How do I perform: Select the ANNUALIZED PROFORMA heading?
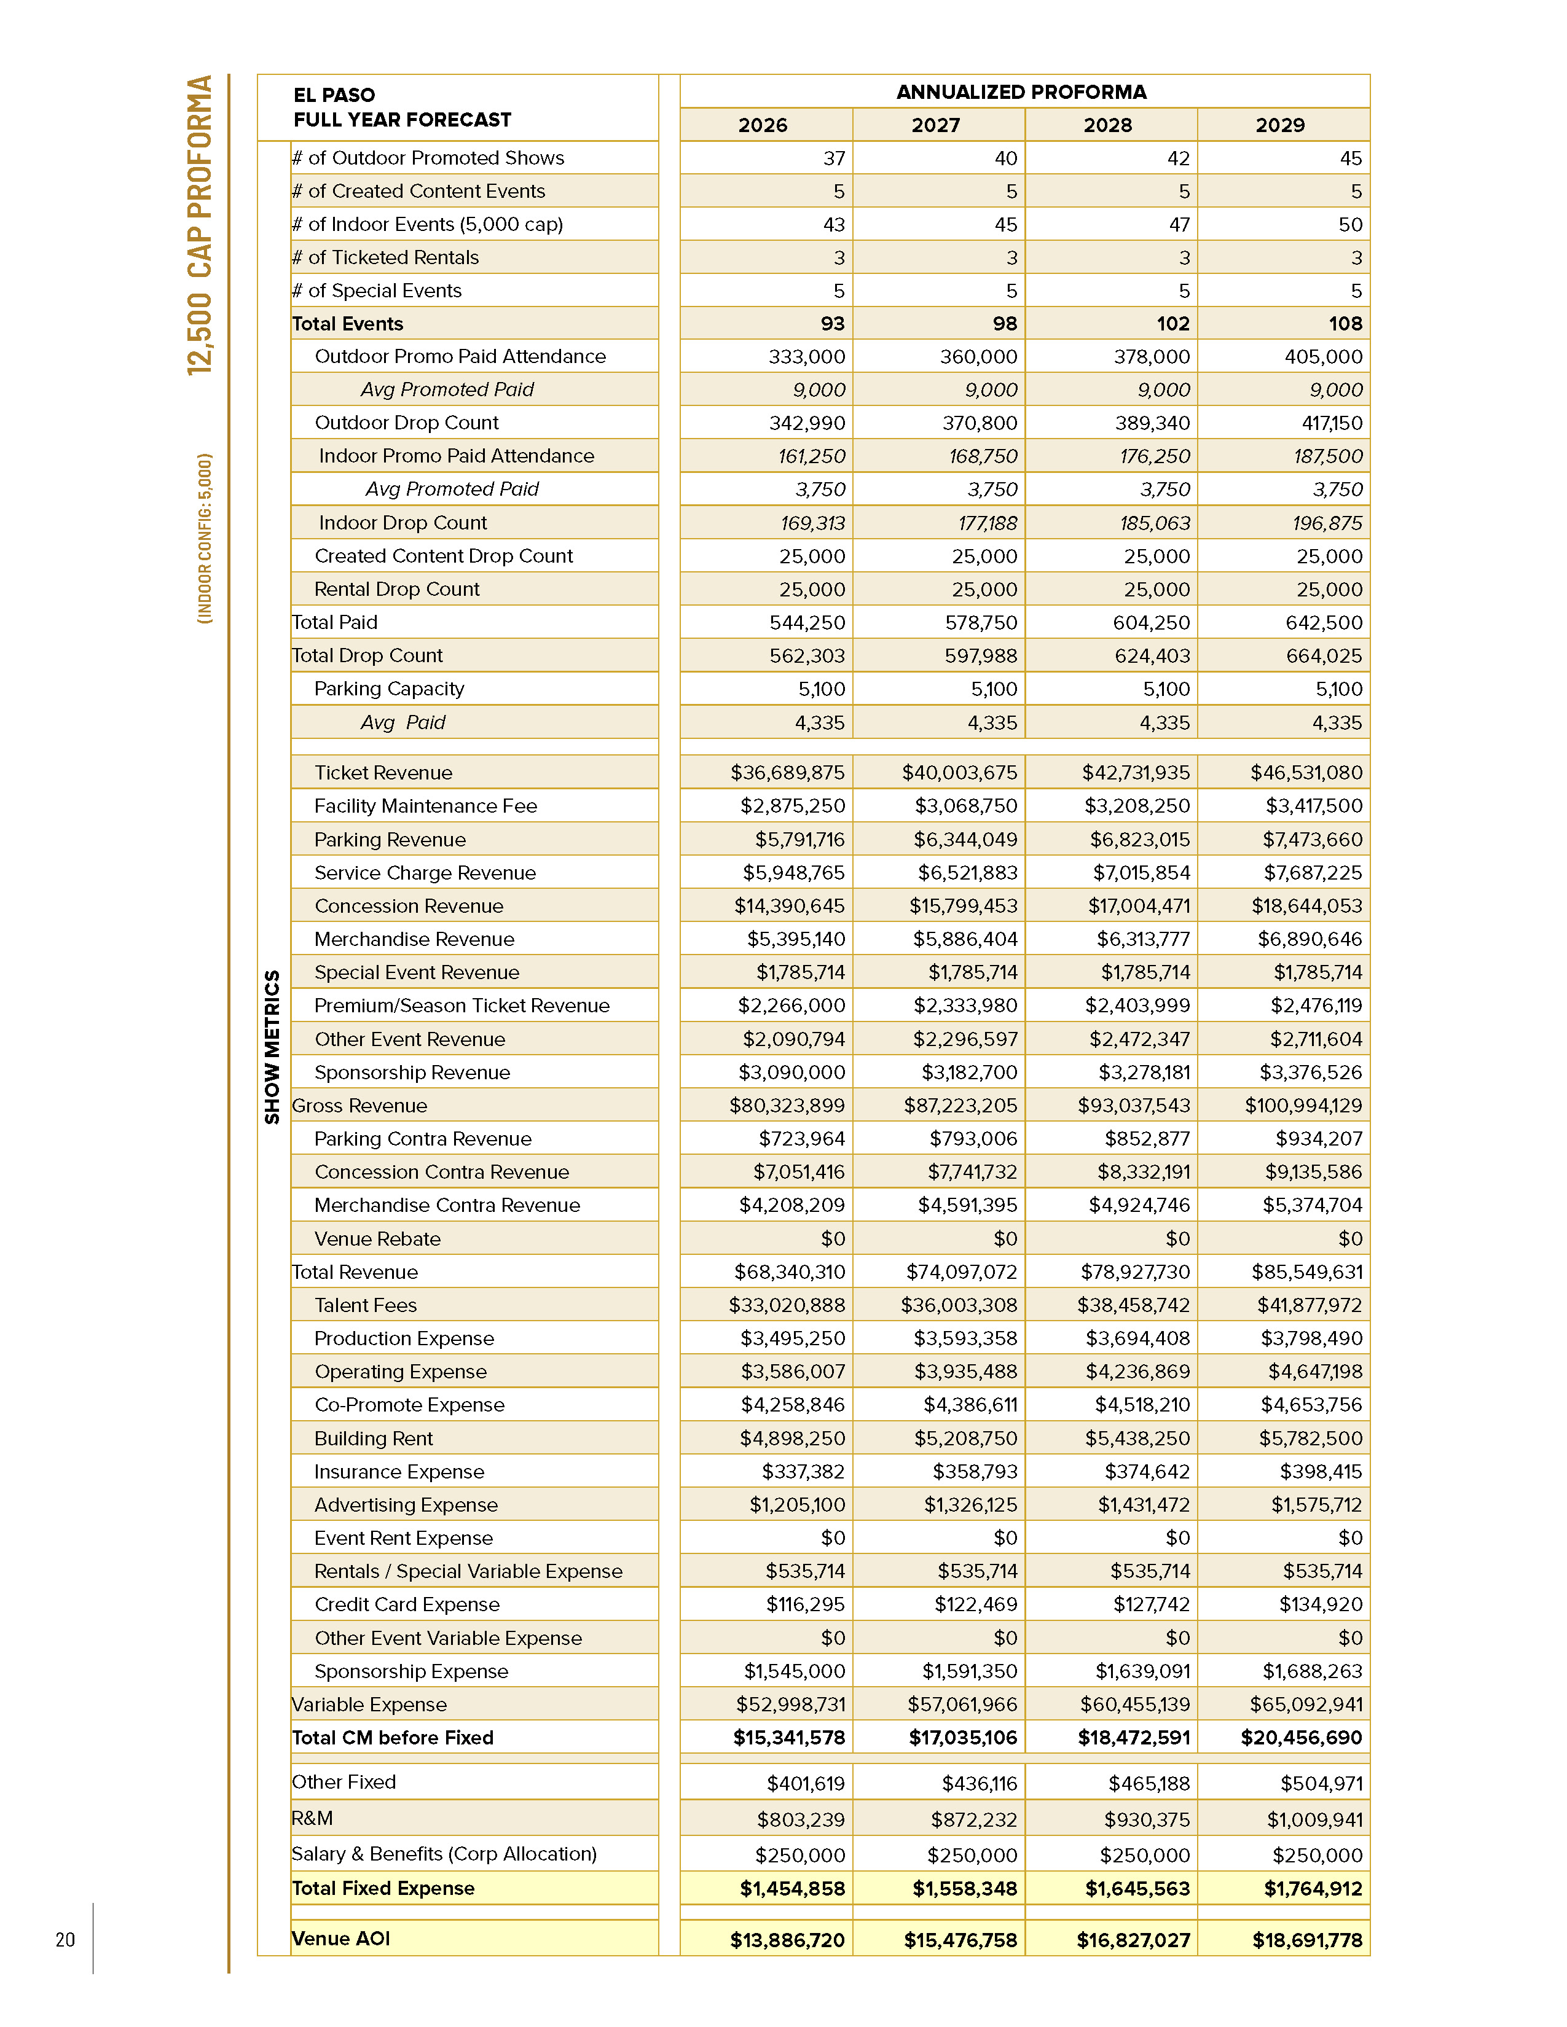[1021, 92]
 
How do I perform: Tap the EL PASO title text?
[334, 95]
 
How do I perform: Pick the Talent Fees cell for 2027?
[959, 1305]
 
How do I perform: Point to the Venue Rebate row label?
[377, 1239]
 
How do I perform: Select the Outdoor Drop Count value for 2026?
[807, 423]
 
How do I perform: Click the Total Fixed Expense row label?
[382, 1888]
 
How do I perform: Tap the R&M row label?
[312, 1818]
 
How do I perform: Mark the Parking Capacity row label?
[389, 689]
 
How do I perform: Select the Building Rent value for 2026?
[792, 1439]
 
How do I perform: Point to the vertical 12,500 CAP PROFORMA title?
[200, 225]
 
